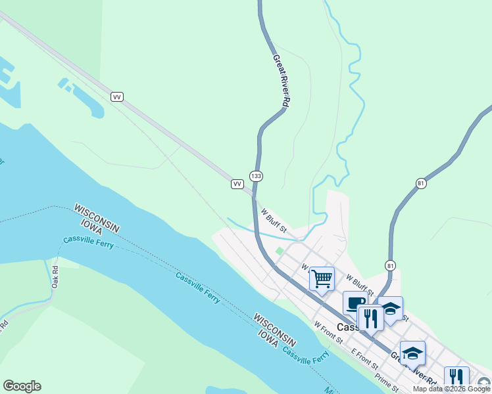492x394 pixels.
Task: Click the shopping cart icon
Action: pyautogui.click(x=322, y=278)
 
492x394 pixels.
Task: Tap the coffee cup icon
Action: pyautogui.click(x=355, y=303)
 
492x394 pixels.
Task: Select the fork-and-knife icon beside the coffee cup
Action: pyautogui.click(x=370, y=318)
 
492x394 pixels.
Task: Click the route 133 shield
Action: pyautogui.click(x=256, y=176)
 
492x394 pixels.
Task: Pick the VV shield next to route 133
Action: pyautogui.click(x=237, y=184)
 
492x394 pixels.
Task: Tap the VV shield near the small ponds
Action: pyautogui.click(x=118, y=97)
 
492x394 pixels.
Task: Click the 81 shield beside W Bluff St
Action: pyautogui.click(x=391, y=265)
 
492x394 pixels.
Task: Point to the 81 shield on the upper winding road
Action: pyautogui.click(x=421, y=183)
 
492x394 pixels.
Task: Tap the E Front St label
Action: pyautogui.click(x=364, y=359)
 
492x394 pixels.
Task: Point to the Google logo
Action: pyautogui.click(x=22, y=386)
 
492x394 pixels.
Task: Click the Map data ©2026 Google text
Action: pyautogui.click(x=451, y=389)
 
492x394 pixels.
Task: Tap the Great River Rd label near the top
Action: pyautogui.click(x=282, y=80)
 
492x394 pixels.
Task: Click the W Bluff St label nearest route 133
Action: pyautogui.click(x=274, y=221)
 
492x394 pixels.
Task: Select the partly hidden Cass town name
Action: pyautogui.click(x=347, y=327)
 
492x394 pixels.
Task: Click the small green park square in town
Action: pyautogui.click(x=279, y=251)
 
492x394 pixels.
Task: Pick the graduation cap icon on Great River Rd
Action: pyautogui.click(x=412, y=353)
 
